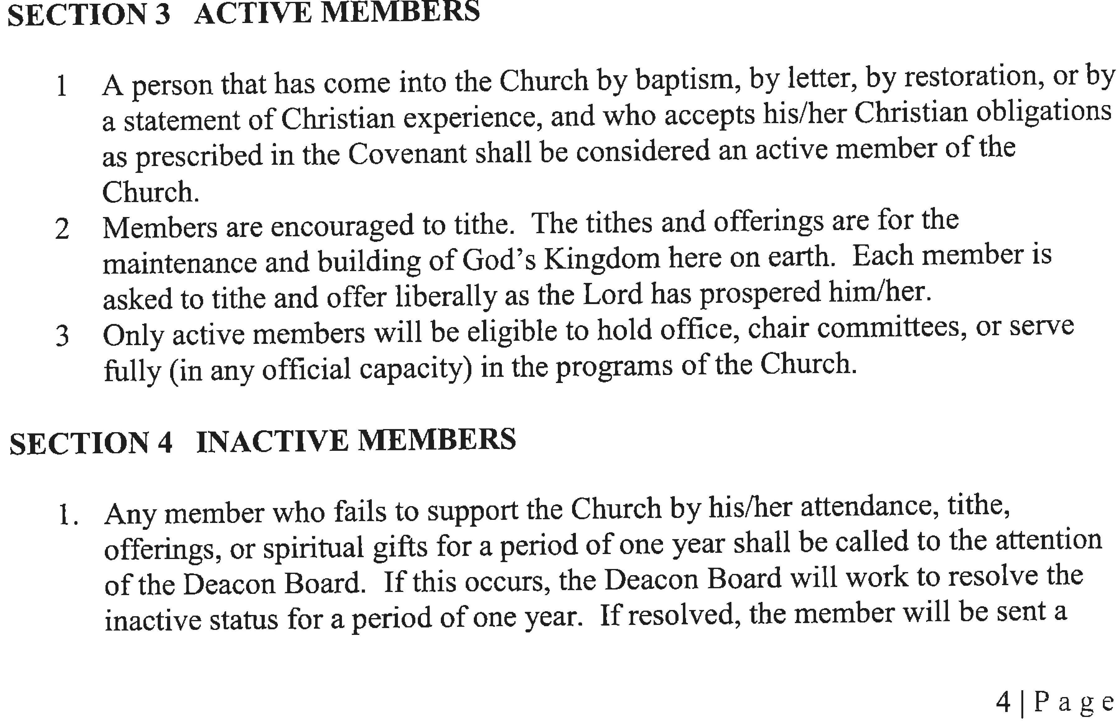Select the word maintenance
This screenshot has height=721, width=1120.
180,262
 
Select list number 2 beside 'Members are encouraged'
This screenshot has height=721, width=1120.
62,229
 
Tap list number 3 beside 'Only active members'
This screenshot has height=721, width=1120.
62,336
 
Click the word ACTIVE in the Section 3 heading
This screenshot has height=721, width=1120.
253,13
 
